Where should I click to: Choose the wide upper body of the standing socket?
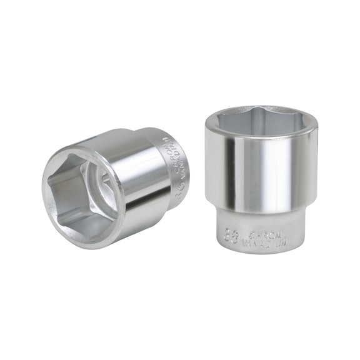tap(262, 169)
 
